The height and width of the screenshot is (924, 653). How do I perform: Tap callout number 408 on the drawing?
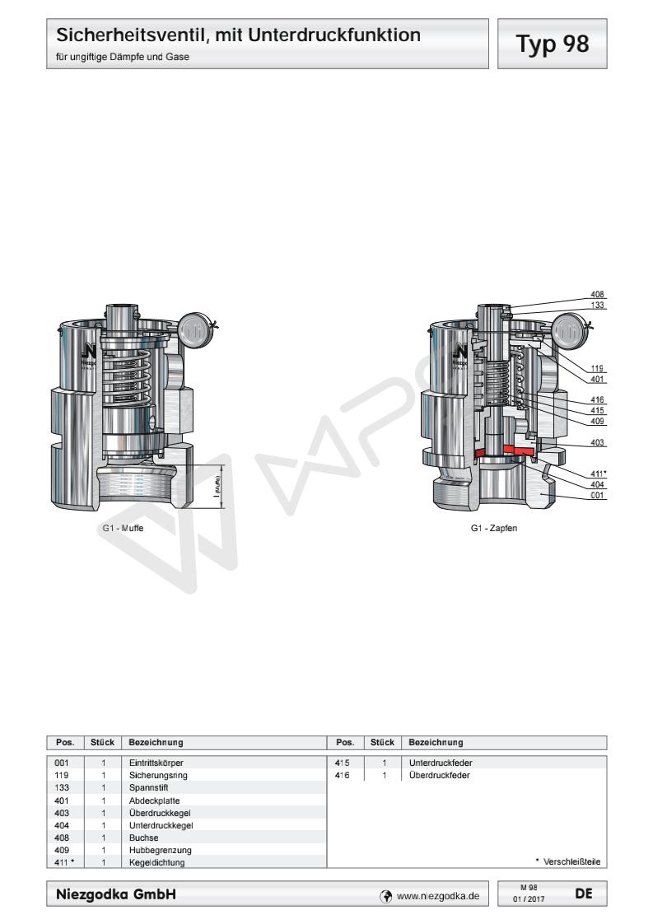tap(598, 294)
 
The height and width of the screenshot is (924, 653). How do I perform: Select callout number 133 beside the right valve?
tap(598, 305)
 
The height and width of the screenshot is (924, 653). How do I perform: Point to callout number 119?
tap(598, 368)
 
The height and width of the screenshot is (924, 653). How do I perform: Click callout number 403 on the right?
tap(598, 443)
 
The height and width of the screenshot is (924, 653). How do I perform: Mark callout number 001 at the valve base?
tap(598, 496)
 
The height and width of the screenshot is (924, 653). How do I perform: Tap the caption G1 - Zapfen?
tap(494, 528)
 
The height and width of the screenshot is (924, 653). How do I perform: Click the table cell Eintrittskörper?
tap(157, 763)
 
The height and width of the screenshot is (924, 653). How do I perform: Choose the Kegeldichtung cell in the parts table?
tap(157, 862)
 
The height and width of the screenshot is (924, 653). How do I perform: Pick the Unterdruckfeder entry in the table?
tap(438, 763)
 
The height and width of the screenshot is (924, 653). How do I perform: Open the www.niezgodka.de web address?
tap(437, 894)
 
